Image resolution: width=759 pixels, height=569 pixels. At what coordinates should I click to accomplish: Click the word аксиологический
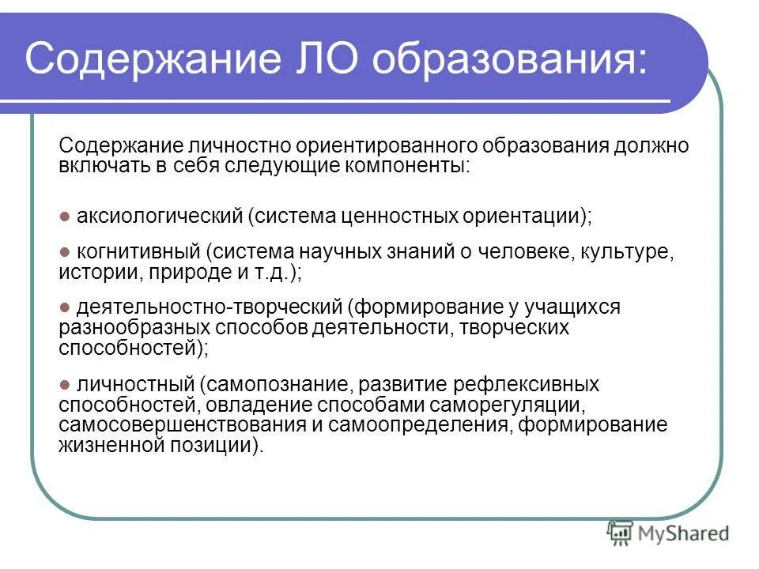(x=156, y=216)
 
